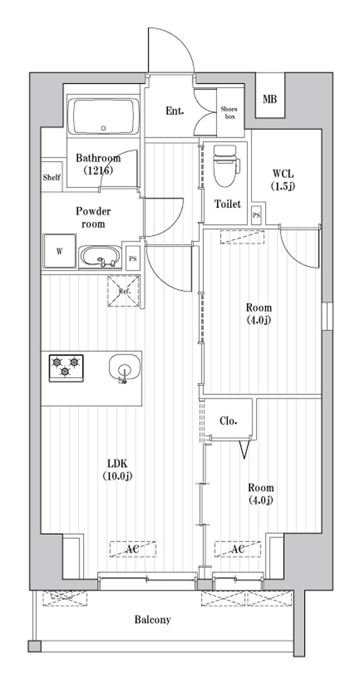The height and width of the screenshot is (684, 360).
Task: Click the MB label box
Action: click(x=269, y=100)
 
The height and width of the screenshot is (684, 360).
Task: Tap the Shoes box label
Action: click(x=229, y=112)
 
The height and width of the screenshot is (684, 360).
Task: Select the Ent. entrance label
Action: click(x=174, y=111)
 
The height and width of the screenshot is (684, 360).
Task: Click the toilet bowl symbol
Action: click(x=225, y=165)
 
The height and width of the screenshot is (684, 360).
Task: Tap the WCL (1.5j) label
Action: click(x=283, y=179)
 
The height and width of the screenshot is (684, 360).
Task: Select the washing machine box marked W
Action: click(x=59, y=252)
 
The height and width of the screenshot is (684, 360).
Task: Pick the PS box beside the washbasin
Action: click(x=132, y=258)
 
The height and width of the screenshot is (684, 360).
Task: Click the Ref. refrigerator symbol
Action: click(x=123, y=291)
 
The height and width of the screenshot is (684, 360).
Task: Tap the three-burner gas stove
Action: click(x=66, y=366)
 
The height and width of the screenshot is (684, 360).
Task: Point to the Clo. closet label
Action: click(x=228, y=421)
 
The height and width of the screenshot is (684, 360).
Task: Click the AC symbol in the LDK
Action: click(x=133, y=549)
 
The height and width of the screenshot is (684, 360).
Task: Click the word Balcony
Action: click(x=152, y=619)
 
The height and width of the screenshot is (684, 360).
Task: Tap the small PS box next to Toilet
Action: click(x=257, y=216)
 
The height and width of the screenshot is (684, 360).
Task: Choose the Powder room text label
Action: click(x=93, y=217)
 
